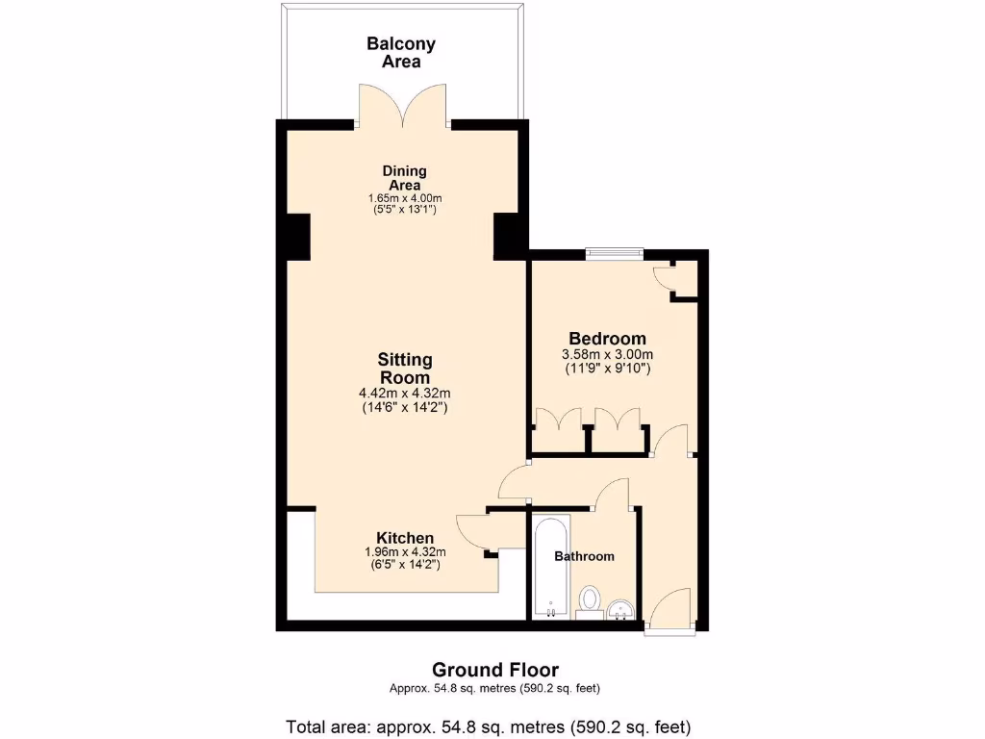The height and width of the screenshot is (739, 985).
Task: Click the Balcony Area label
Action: click(x=401, y=52)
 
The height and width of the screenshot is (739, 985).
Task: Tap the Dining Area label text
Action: click(x=406, y=178)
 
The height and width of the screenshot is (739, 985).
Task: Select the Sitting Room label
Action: click(x=404, y=369)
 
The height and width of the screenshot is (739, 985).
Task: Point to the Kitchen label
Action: click(x=404, y=538)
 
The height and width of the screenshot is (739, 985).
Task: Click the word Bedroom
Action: click(x=607, y=339)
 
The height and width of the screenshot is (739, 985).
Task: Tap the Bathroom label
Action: click(x=584, y=556)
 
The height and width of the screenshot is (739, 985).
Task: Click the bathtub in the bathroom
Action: click(x=550, y=568)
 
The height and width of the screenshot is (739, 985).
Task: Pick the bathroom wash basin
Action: click(x=621, y=607)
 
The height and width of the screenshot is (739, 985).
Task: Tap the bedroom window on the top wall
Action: click(x=615, y=253)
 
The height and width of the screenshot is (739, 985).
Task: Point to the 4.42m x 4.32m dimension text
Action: click(x=404, y=393)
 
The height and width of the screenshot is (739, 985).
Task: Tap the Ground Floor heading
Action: click(x=494, y=670)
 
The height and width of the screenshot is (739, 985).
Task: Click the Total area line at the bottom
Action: click(x=489, y=726)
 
